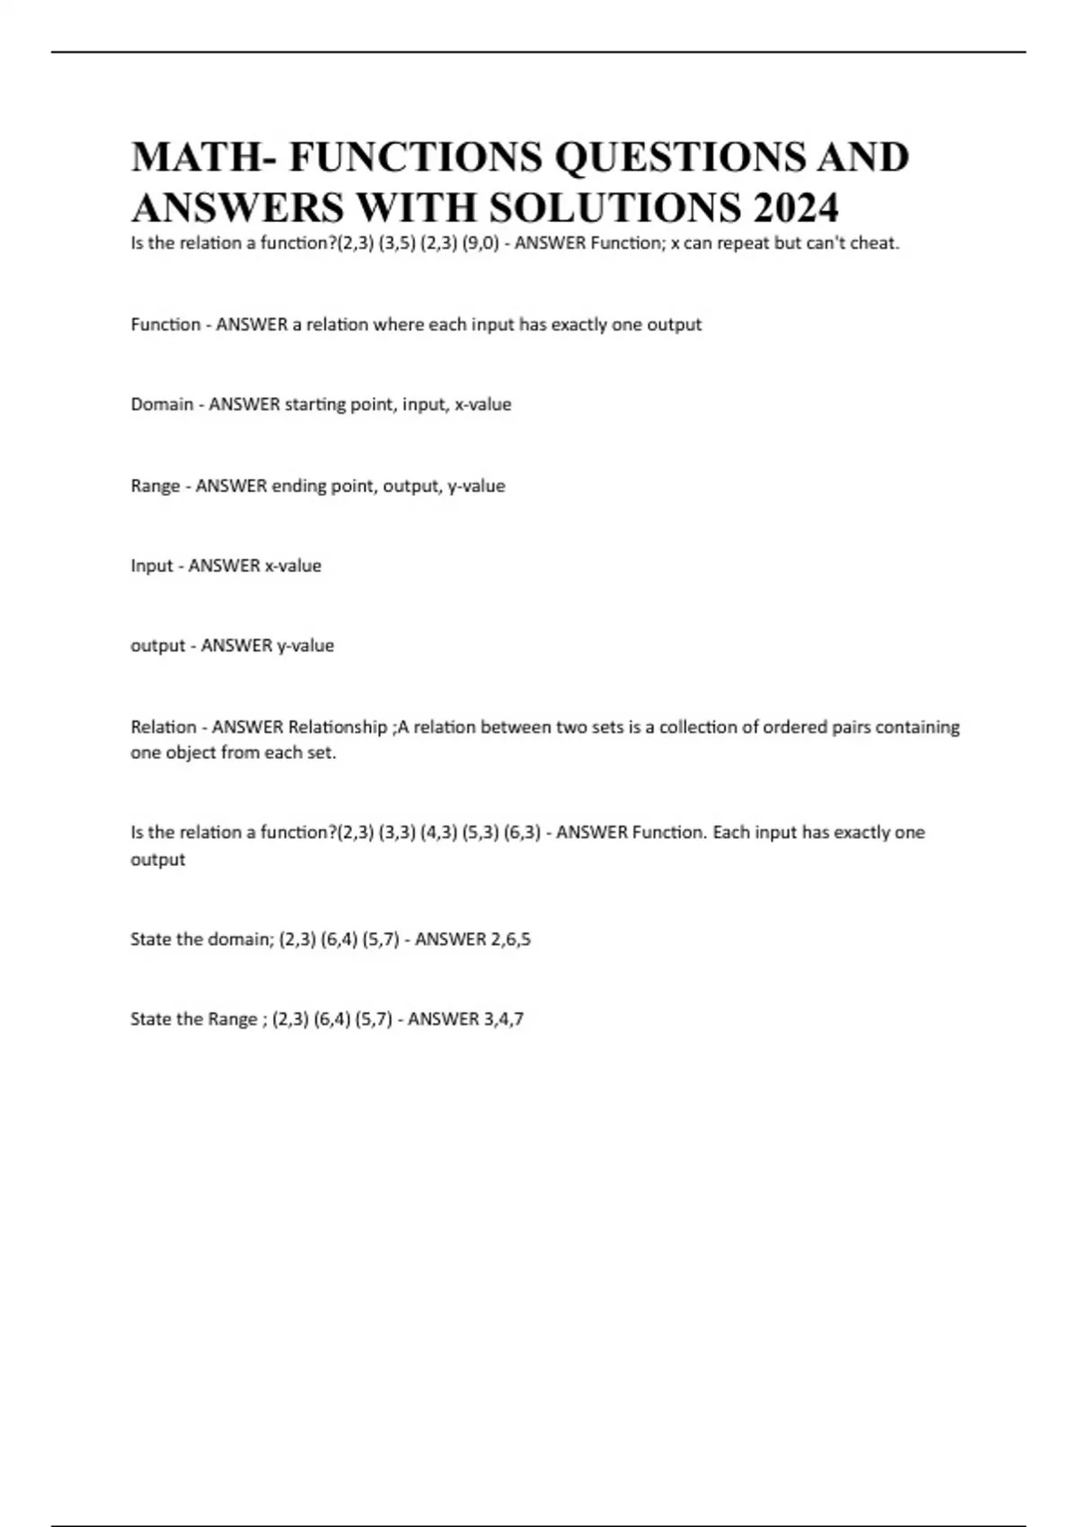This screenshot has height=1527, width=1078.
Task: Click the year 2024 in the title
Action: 796,207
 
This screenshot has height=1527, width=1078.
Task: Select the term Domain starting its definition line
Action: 162,404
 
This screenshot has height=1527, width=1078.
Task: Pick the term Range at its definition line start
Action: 155,486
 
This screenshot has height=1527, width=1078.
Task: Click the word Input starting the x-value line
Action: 151,566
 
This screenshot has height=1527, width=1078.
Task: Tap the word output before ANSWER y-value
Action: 157,646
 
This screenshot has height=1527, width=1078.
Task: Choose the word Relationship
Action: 337,727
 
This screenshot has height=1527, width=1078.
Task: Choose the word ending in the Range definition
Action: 300,486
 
